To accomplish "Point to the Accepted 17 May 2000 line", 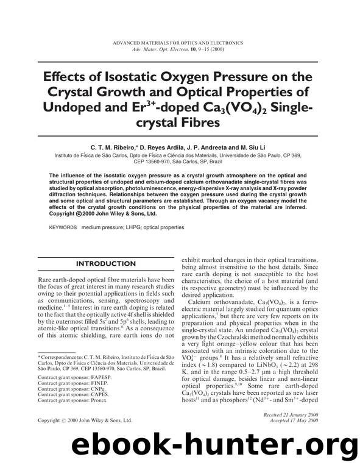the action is tap(298, 420).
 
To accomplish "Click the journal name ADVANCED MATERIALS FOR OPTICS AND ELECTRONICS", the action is tap(179, 43).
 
